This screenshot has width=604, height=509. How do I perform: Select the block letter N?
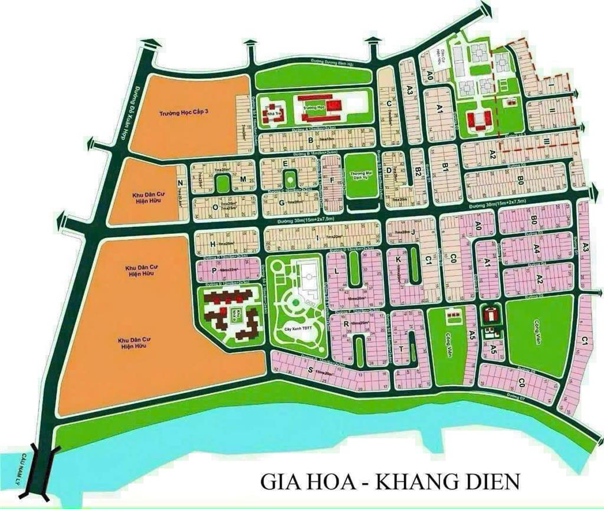(180, 183)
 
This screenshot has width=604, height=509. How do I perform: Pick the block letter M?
(242, 178)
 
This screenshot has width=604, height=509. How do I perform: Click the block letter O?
(215, 207)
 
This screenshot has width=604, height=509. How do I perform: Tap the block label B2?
(418, 172)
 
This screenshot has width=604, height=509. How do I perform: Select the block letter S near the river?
(310, 370)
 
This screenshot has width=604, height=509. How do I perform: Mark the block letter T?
(401, 349)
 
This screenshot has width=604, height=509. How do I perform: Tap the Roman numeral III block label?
(547, 141)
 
